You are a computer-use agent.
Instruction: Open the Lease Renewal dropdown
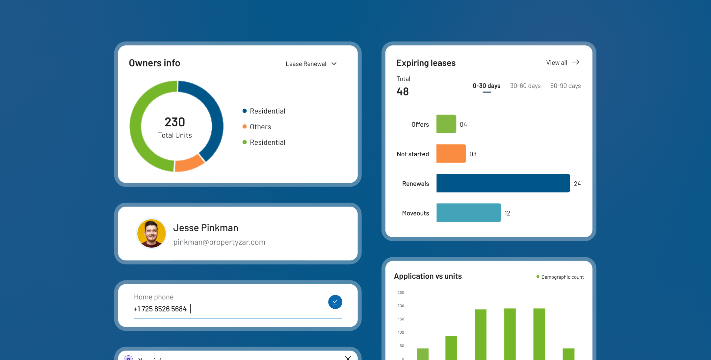tap(311, 64)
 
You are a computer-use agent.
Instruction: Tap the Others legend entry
tap(260, 127)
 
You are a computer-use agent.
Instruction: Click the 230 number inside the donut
tap(175, 122)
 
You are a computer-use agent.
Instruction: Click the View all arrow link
tap(563, 63)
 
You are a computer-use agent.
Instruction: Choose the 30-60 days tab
tap(525, 86)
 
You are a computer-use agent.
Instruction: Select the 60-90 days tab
tap(565, 86)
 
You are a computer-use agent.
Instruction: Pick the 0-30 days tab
tap(486, 86)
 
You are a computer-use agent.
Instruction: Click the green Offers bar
tap(446, 124)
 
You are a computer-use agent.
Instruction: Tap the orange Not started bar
tap(451, 154)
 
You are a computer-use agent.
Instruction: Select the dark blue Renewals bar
tap(503, 183)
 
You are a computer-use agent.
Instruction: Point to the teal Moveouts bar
tap(468, 213)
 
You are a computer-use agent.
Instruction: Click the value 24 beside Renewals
tap(577, 184)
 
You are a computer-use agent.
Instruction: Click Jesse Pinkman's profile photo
tap(151, 233)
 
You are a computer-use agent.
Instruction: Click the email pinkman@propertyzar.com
tap(219, 242)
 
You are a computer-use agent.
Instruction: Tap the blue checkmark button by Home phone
tap(335, 302)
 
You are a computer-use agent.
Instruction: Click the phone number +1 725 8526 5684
tap(160, 309)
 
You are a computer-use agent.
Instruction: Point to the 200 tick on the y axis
tap(401, 306)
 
